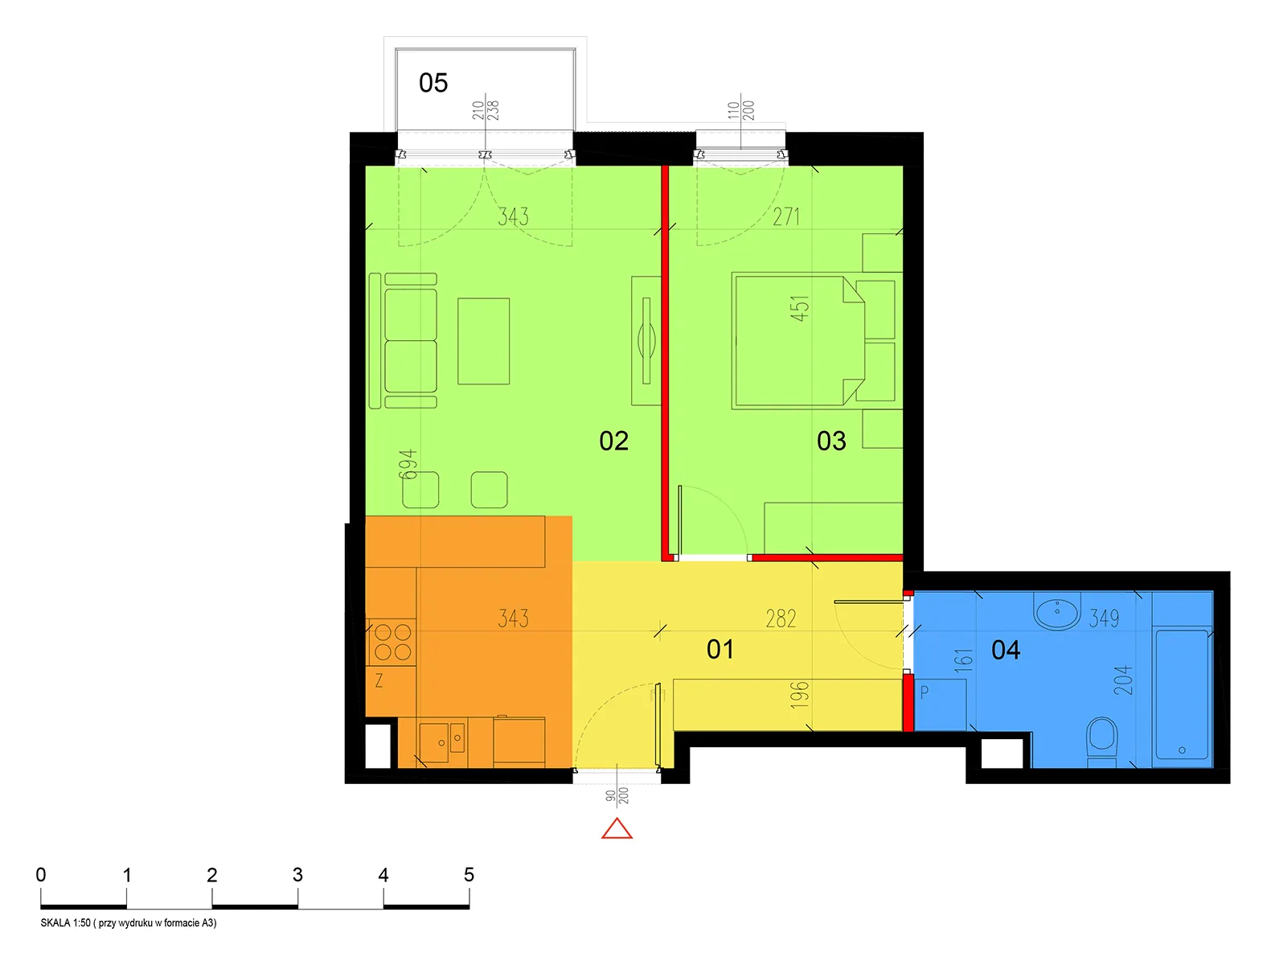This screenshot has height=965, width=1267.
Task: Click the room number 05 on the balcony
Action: point(433,83)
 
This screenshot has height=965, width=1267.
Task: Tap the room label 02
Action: point(613,441)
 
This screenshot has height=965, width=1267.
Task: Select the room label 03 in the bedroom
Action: point(831,441)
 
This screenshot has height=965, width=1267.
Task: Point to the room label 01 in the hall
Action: point(720,649)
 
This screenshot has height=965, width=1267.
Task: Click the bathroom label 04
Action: point(1006,650)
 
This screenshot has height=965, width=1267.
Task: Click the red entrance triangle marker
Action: point(617,829)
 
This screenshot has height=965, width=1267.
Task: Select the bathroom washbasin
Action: point(1056,614)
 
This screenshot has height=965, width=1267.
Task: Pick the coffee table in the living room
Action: point(483,341)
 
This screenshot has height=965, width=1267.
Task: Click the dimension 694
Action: point(408,464)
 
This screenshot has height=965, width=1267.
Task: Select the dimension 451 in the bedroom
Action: point(799,308)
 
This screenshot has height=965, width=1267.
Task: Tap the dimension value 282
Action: point(781,618)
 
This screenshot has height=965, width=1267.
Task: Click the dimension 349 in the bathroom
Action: point(1104,618)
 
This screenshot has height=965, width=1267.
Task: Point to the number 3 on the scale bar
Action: point(297,874)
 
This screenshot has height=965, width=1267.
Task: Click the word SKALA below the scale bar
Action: point(55,923)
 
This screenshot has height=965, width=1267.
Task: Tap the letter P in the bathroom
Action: point(925,692)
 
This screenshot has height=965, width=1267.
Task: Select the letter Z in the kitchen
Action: point(379,680)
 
